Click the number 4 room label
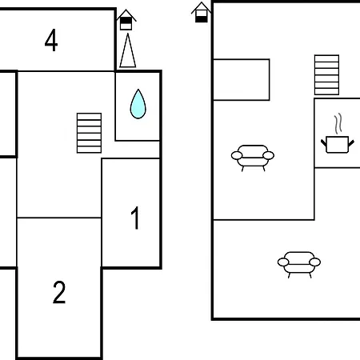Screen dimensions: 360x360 (x=51, y=40)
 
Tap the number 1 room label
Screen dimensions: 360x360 (x=136, y=218)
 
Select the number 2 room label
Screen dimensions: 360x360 (x=59, y=292)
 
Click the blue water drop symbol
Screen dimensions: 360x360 (x=138, y=104)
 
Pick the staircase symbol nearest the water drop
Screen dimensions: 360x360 (x=89, y=133)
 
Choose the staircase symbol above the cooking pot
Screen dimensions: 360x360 (x=326, y=74)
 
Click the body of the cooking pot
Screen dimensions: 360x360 (x=338, y=145)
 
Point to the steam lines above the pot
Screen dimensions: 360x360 (x=338, y=123)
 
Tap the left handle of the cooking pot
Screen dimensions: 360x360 (x=323, y=142)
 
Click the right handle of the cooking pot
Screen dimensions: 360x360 (x=351, y=143)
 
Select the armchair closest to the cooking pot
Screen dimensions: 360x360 (x=253, y=158)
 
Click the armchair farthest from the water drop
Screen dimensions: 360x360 (x=299, y=265)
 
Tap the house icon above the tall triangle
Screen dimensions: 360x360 (x=126, y=20)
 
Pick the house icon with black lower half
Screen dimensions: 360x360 (x=202, y=12)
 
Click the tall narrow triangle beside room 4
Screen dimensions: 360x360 (x=128, y=50)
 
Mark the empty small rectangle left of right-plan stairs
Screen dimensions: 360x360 (x=242, y=79)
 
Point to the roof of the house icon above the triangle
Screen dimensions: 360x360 (x=126, y=15)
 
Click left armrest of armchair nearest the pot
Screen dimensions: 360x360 (x=237, y=155)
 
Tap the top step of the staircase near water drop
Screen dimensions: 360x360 (x=89, y=116)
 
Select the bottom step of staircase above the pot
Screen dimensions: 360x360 (x=326, y=91)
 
